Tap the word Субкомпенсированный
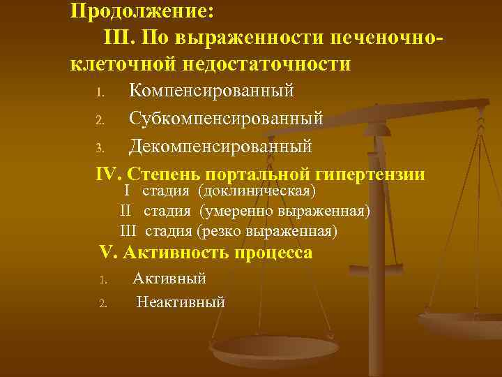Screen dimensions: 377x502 (226, 119)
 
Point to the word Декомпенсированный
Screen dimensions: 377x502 (220, 147)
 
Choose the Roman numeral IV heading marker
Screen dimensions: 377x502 (108, 174)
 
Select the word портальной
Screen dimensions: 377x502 (264, 174)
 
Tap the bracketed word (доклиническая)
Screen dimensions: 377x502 (257, 191)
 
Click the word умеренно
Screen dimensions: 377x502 (234, 211)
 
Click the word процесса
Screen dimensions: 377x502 (274, 253)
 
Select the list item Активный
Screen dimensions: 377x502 (169, 279)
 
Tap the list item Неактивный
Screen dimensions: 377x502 (181, 302)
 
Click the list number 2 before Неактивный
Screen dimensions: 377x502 (102, 304)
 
